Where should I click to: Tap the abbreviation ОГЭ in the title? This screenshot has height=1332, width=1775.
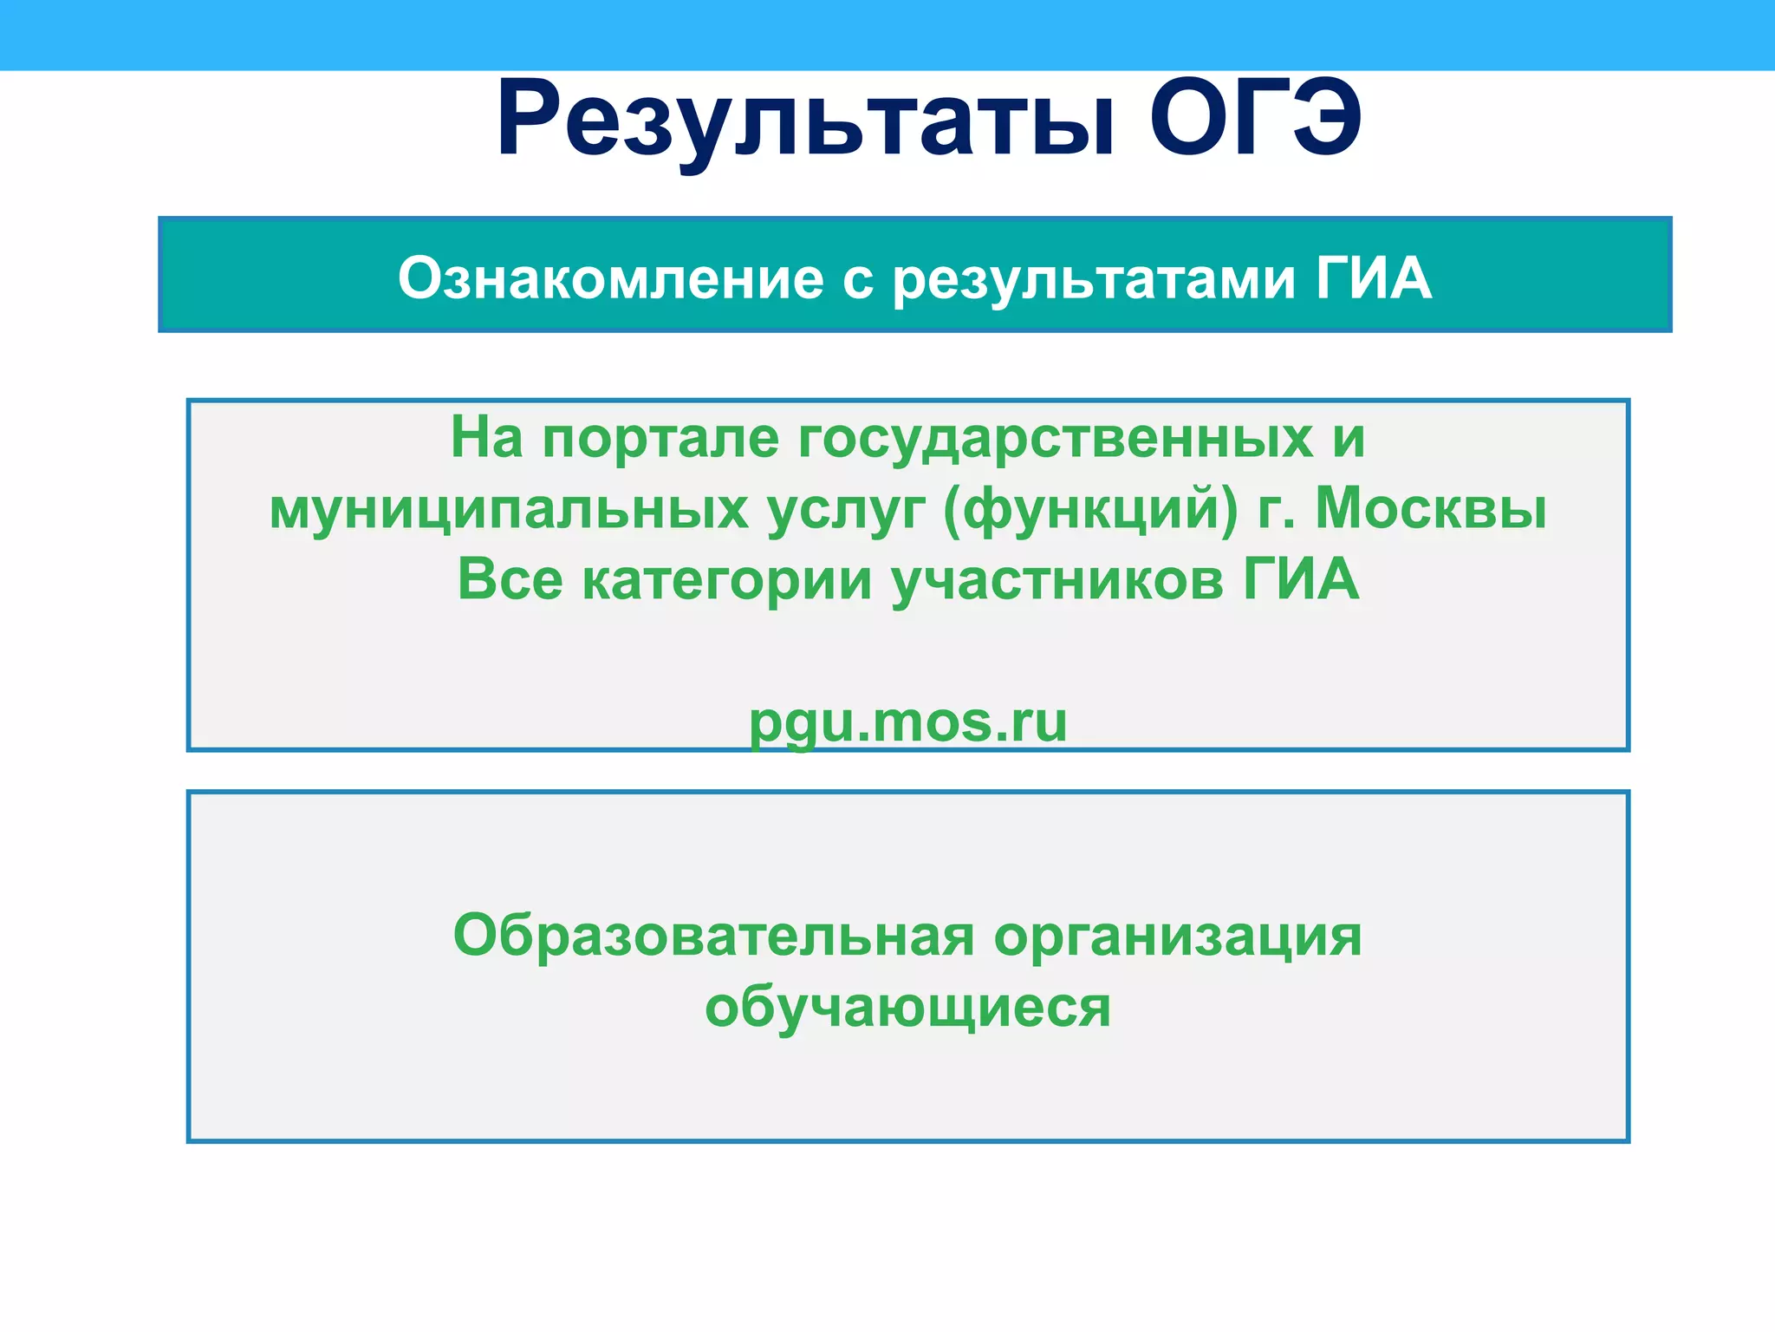tap(1255, 119)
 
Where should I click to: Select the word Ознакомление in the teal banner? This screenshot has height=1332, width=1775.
tap(610, 279)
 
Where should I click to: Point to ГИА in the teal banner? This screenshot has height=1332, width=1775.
tap(1373, 279)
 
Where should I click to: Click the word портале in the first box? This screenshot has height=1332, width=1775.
tap(660, 438)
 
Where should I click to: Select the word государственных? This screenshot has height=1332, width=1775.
tap(1055, 438)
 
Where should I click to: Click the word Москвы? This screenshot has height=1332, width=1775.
tap(1431, 509)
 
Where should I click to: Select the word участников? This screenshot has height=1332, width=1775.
tap(1057, 580)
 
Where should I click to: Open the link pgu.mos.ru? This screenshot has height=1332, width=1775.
tap(907, 722)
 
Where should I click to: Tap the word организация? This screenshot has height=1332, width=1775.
tap(1177, 937)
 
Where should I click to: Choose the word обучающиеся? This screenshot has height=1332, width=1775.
tap(907, 1008)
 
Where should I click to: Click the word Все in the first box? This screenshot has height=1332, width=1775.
tap(510, 580)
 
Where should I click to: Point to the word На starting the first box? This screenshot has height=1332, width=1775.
tap(486, 438)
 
